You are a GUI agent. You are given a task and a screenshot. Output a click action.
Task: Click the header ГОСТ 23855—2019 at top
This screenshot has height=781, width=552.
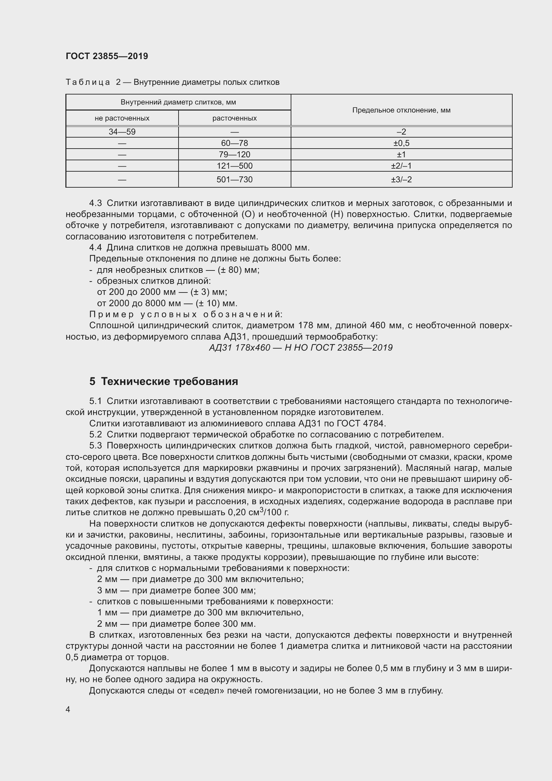point(107,56)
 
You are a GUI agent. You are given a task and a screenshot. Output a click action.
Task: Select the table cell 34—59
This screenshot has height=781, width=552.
point(122,132)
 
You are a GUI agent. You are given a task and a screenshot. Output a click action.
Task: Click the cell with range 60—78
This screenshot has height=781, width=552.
point(235,143)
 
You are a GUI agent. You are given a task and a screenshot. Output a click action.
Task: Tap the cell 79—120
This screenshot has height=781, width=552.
point(235,155)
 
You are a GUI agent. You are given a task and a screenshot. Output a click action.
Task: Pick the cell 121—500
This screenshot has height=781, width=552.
point(235,166)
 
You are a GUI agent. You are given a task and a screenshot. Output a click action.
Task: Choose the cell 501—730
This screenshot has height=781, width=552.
point(235,179)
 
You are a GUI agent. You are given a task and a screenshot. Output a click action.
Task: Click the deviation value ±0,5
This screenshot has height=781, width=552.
point(401,143)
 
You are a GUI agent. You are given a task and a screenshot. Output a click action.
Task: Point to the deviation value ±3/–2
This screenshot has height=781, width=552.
point(401,179)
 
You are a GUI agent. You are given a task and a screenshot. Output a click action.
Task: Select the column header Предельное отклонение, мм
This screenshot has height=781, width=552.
point(401,110)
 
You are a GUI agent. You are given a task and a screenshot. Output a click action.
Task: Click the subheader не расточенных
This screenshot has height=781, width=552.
point(122,119)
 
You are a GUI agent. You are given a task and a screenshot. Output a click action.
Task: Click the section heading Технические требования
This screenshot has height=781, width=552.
point(169,381)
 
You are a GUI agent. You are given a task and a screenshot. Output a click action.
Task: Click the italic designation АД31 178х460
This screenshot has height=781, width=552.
point(239,348)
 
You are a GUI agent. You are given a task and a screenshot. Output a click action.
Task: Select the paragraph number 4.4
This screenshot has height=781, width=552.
point(95,247)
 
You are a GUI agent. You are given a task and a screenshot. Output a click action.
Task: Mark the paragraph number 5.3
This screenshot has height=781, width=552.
point(95,446)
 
